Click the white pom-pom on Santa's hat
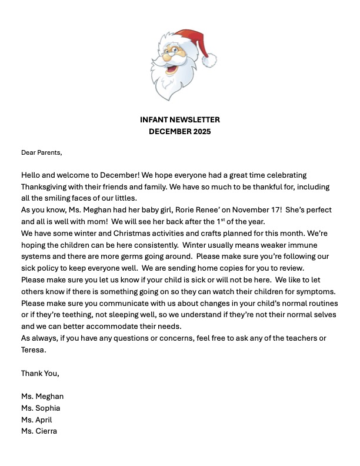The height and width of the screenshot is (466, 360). pos(209,59)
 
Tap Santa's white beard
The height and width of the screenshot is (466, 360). pos(171,82)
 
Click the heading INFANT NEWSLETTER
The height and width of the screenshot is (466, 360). pos(180,120)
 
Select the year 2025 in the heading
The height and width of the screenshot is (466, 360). pos(200,132)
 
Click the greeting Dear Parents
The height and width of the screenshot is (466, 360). pos(41,152)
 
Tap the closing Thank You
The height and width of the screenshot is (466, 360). pos(40,373)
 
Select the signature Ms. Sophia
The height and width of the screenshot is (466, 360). pos(41,408)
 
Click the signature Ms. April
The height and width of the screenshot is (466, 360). pos(36,420)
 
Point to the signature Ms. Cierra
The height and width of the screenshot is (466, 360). pos(39,431)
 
